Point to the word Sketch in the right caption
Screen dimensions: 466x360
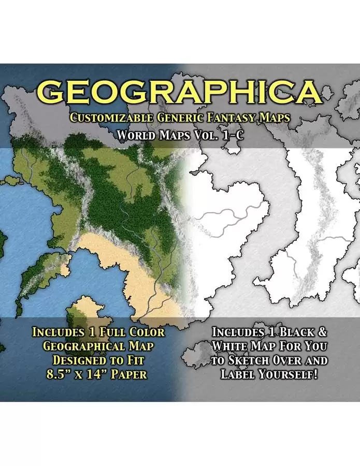[247, 360]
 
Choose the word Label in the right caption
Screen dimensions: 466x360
[238, 374]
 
